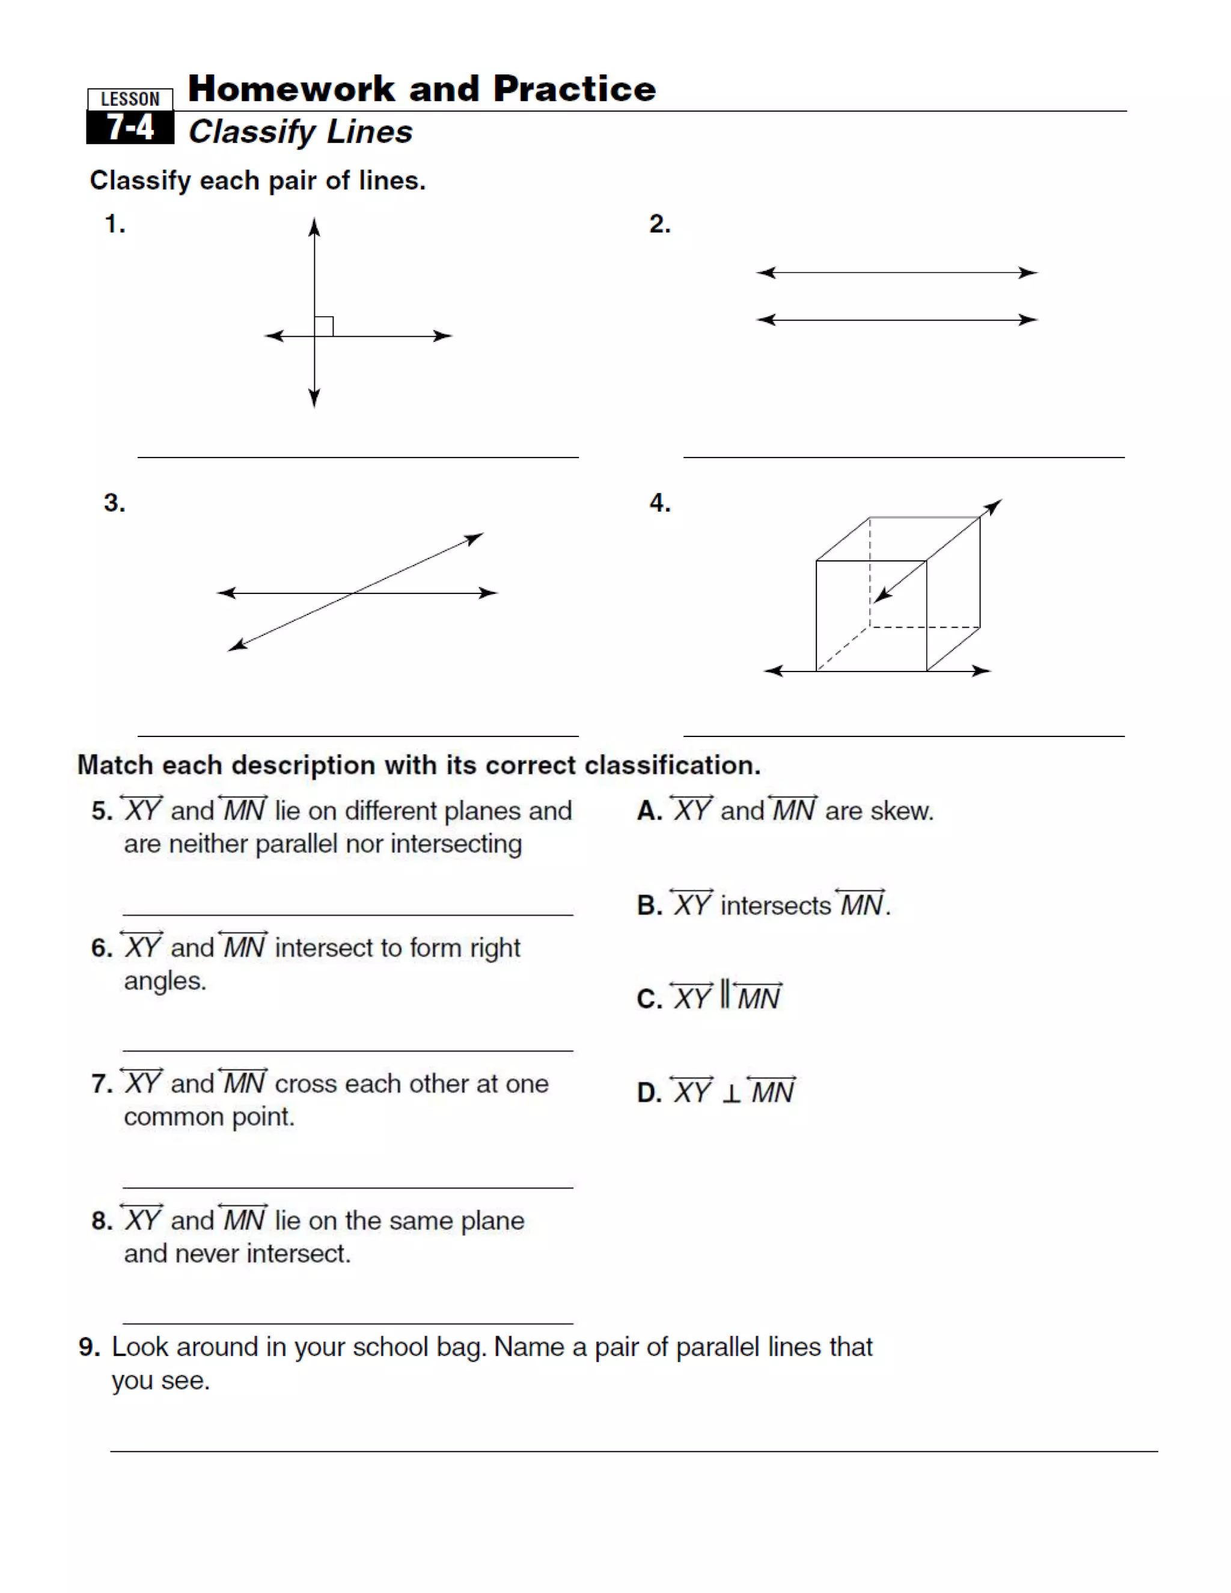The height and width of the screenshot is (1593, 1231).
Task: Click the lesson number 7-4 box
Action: pos(130,127)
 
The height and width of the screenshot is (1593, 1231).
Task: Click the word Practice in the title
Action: pos(574,89)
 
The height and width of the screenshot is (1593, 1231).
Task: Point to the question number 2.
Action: pos(659,224)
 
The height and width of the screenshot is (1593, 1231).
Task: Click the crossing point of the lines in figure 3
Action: pos(353,593)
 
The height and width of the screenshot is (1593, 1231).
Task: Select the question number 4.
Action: pos(659,503)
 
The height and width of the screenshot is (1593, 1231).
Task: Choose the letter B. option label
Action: pos(649,905)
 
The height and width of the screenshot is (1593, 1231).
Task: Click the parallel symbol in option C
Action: pos(724,994)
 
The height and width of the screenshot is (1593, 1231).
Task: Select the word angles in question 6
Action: pos(164,981)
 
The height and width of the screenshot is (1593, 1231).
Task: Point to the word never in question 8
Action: pos(206,1254)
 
